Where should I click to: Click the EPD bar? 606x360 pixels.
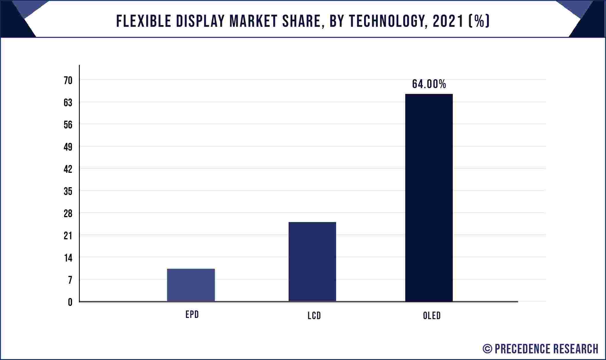pos(191,285)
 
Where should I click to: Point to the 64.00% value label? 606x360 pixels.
pos(429,84)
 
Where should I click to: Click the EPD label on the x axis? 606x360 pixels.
pos(192,314)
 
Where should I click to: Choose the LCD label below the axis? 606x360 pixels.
pos(314,316)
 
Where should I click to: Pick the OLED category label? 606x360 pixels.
pos(432,316)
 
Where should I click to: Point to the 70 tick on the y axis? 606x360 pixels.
pos(68,81)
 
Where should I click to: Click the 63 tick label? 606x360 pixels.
pos(68,103)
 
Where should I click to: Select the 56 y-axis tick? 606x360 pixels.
pos(68,125)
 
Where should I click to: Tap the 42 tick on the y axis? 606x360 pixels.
pos(68,169)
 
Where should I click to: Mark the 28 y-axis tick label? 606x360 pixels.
pos(68,214)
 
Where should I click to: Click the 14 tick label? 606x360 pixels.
pos(68,258)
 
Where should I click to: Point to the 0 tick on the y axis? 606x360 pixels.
pos(70,302)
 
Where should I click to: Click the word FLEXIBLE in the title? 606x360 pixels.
pos(143,21)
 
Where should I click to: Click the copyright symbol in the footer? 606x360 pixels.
pos(487,349)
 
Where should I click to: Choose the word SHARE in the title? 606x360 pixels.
pos(301,21)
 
